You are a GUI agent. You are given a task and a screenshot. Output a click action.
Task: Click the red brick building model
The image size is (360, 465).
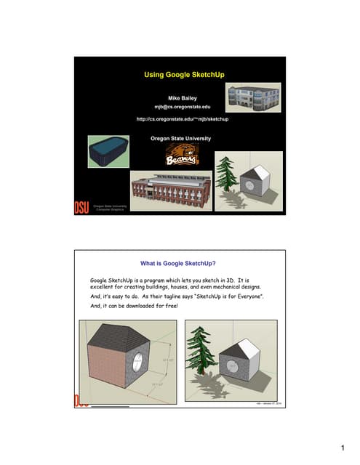pyautogui.click(x=169, y=192)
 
